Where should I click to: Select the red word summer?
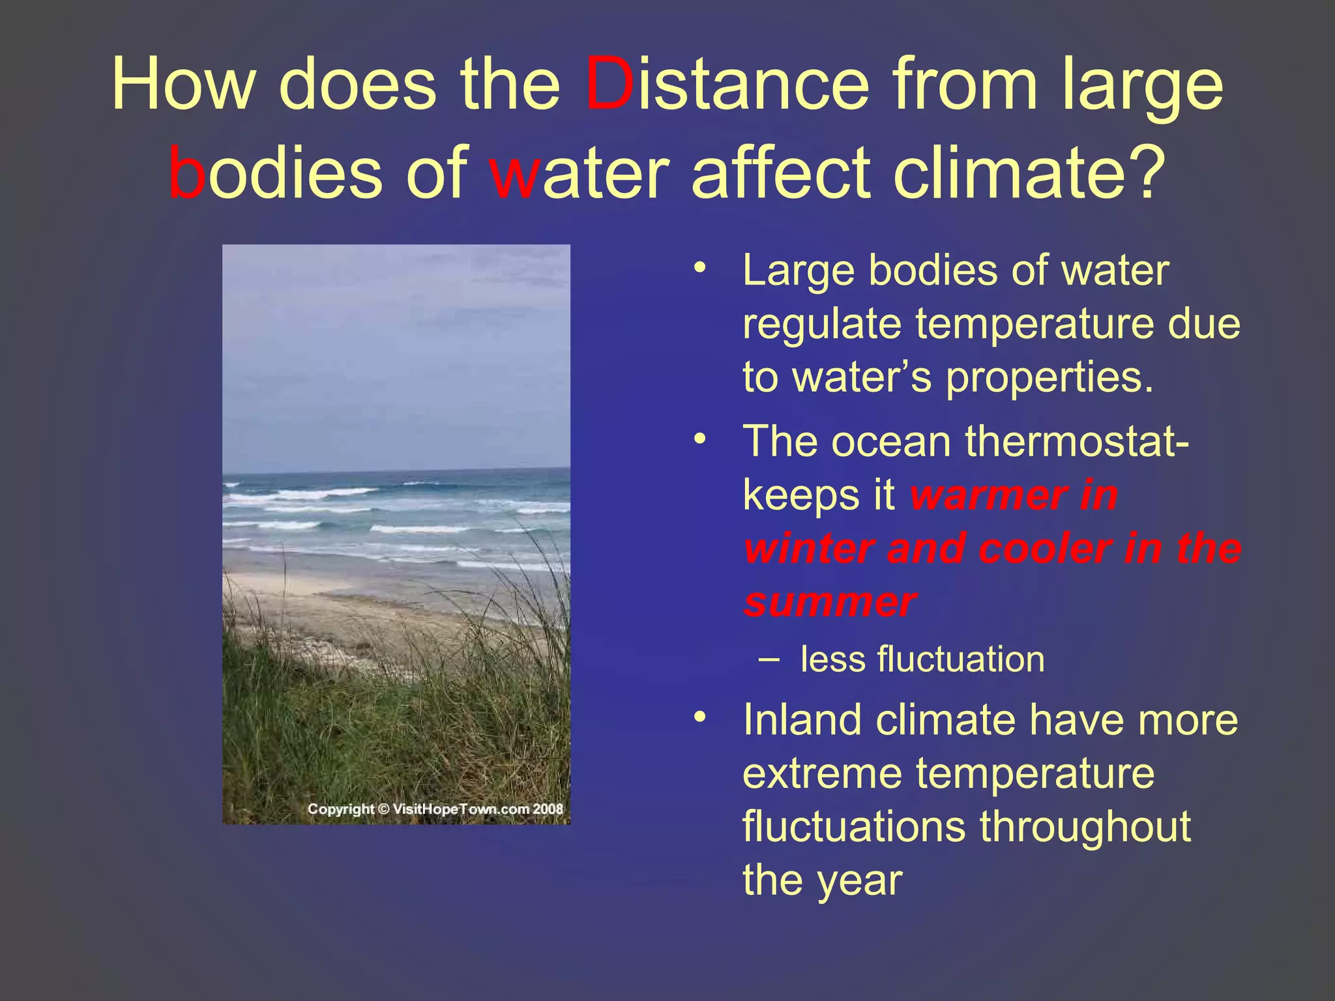coord(830,602)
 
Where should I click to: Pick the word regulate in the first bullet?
coord(822,325)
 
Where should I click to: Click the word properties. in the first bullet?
coord(1049,378)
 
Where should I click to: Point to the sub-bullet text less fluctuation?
coord(922,660)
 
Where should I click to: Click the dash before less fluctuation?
coord(769,659)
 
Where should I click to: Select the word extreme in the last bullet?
coord(822,774)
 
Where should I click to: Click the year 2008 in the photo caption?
coord(548,809)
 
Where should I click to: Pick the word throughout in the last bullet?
coord(1085,827)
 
